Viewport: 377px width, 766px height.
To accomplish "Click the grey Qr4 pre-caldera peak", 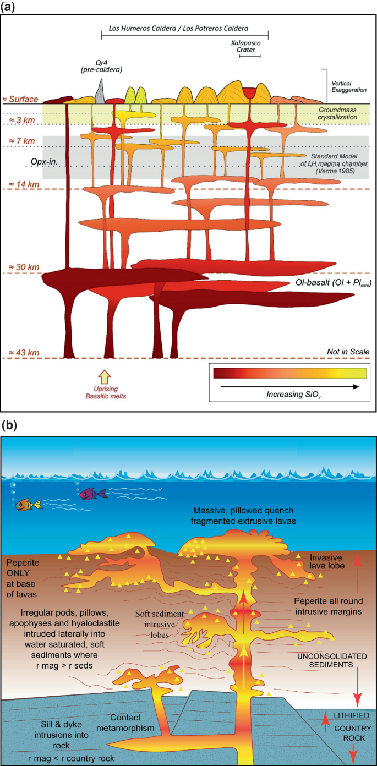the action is (x=100, y=91).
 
